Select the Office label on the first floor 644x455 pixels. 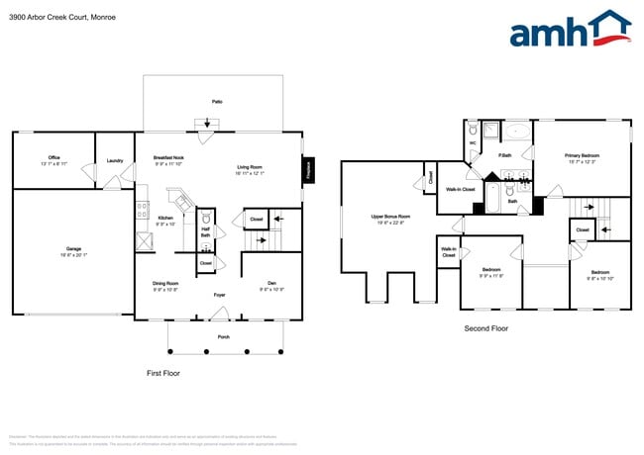click(x=54, y=157)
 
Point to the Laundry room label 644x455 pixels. click(x=114, y=159)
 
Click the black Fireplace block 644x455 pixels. click(x=307, y=169)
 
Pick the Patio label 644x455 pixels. click(x=216, y=101)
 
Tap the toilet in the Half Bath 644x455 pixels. click(x=206, y=219)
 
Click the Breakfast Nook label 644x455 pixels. click(x=168, y=157)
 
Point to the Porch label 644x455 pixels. click(x=224, y=336)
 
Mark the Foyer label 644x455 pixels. click(x=220, y=295)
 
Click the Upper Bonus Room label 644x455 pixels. click(x=390, y=216)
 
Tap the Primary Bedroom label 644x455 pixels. click(x=582, y=155)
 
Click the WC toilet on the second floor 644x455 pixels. click(x=474, y=130)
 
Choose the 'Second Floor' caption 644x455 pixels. click(x=485, y=327)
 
